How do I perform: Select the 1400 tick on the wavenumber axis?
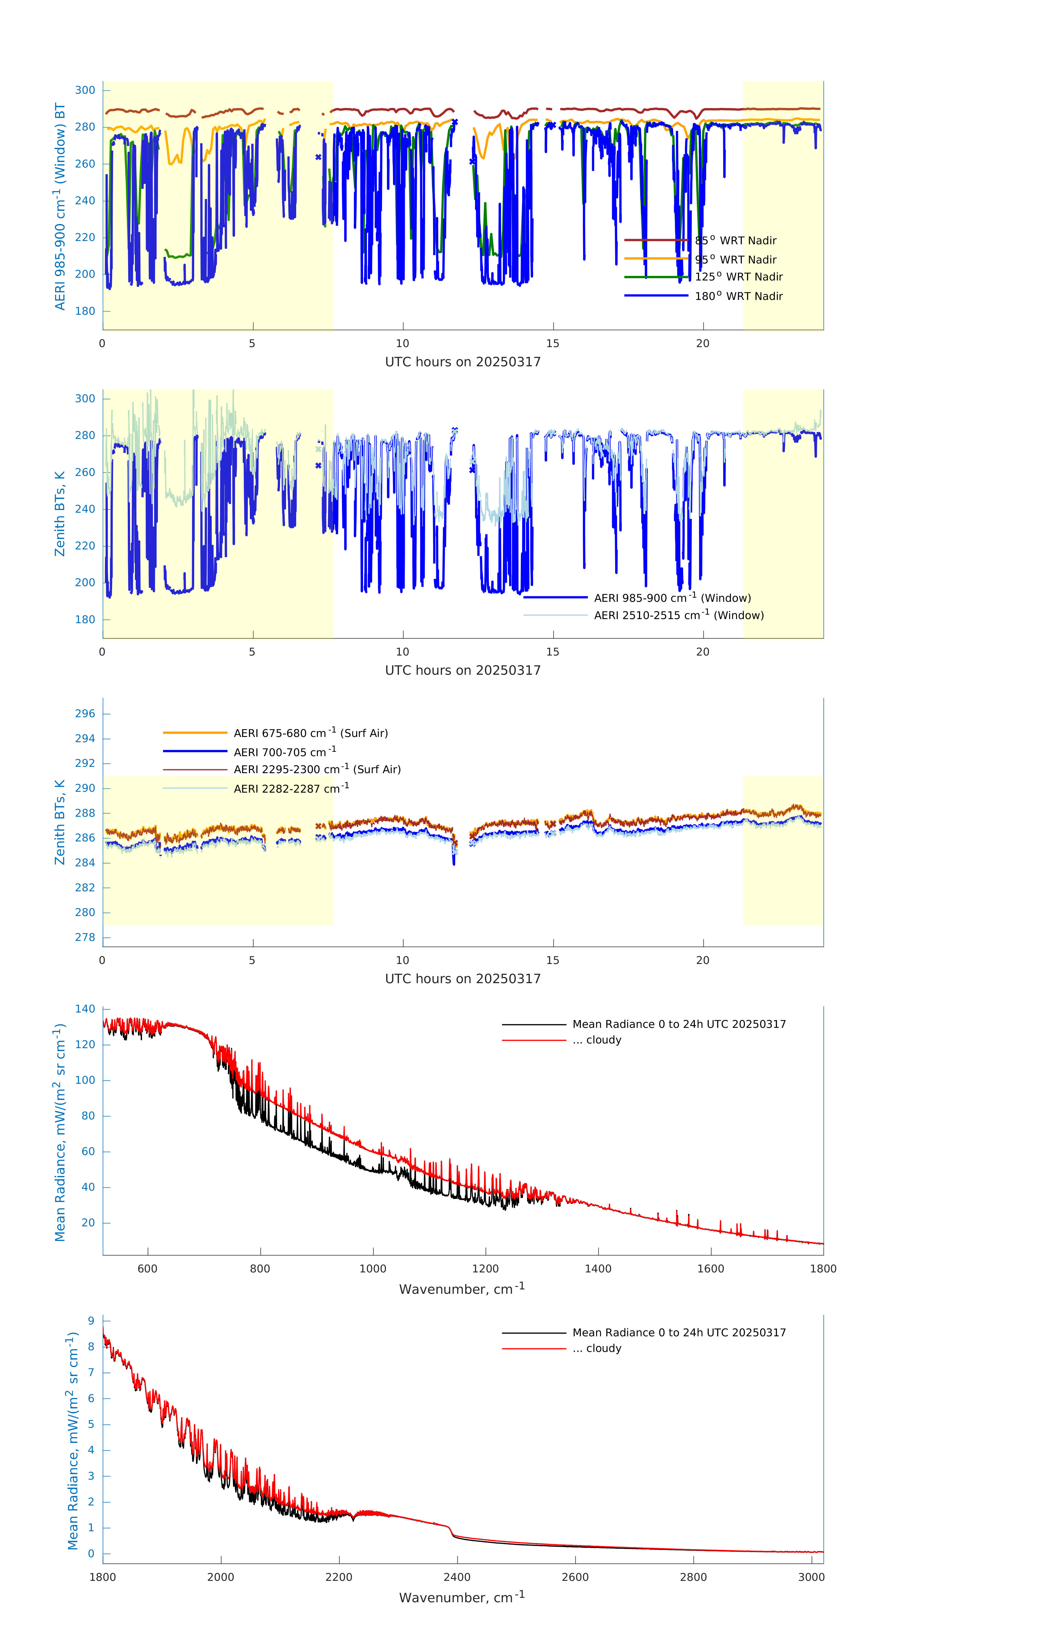(x=598, y=1269)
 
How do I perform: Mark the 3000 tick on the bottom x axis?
(x=811, y=1577)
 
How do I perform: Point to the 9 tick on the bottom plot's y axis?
(x=91, y=1320)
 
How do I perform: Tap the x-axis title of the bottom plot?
(x=462, y=1597)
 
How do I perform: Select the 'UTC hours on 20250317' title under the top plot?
(x=463, y=362)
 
